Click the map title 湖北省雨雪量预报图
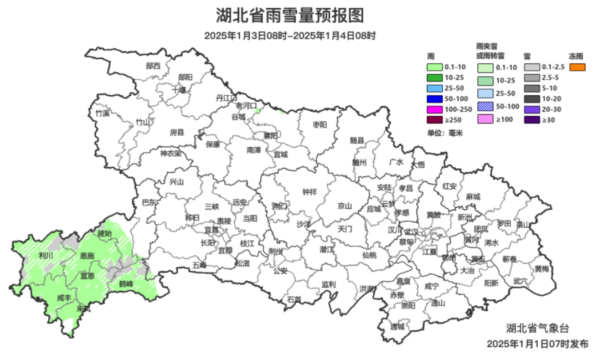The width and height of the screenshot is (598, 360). (290, 15)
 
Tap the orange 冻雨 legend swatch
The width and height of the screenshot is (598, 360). (578, 67)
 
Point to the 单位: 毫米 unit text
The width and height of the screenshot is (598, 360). (445, 133)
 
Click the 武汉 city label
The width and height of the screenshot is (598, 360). (411, 232)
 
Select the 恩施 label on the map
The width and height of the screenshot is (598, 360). (87, 256)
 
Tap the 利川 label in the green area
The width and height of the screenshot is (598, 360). (45, 255)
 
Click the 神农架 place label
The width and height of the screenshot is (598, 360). (171, 153)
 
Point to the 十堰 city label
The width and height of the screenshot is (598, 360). (179, 89)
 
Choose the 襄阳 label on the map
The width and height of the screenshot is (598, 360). (270, 135)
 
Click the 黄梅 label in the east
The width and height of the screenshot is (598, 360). (542, 269)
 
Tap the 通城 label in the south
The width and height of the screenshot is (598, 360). (397, 326)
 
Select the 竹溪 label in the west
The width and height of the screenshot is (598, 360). (102, 113)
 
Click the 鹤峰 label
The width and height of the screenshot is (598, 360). (126, 284)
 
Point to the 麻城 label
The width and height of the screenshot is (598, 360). (473, 197)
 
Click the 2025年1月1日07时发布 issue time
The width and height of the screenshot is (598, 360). (537, 344)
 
